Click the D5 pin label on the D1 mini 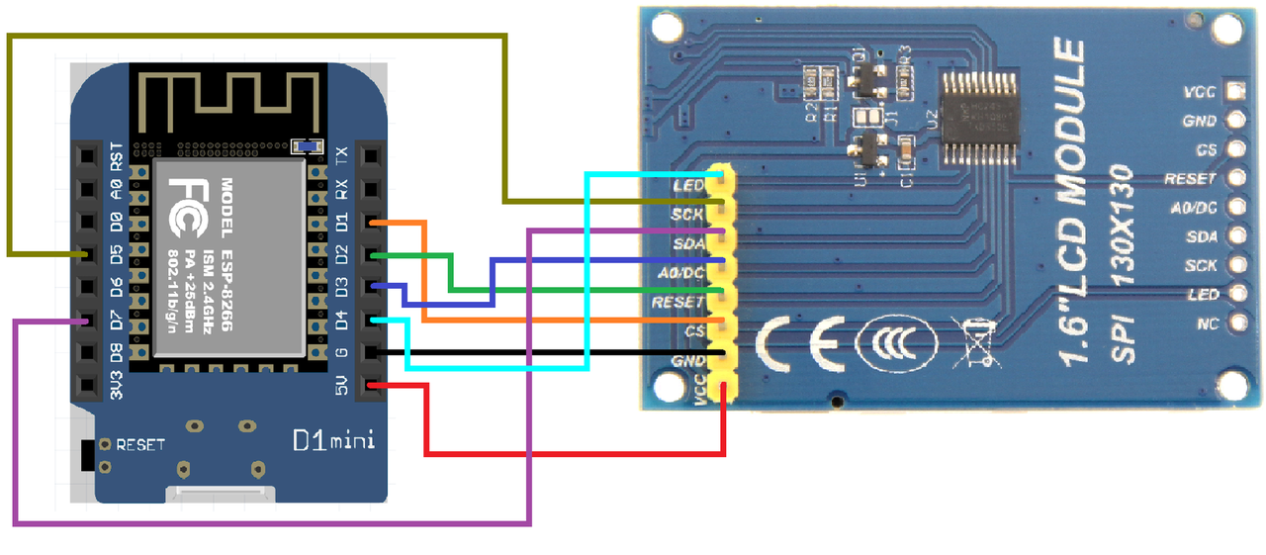[116, 254]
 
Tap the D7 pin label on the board [116, 321]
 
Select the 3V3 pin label [116, 387]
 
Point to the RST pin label [116, 155]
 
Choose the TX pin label [341, 155]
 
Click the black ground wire [554, 351]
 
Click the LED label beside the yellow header [687, 185]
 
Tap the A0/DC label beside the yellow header [681, 272]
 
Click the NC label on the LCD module [1207, 324]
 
